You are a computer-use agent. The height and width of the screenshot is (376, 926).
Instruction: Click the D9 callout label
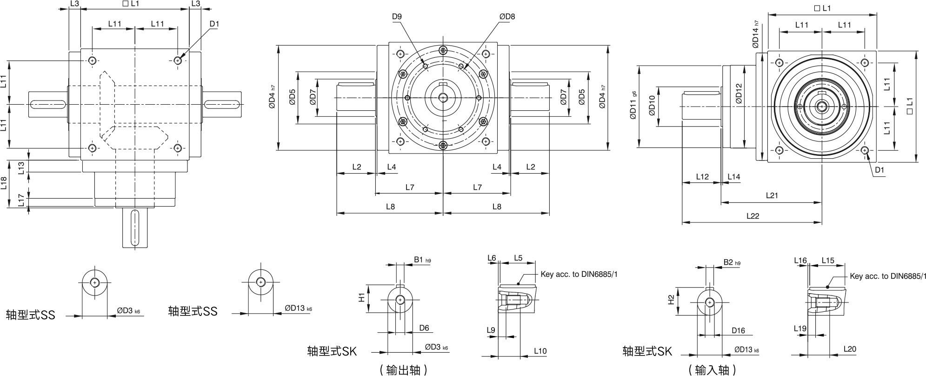pyautogui.click(x=397, y=17)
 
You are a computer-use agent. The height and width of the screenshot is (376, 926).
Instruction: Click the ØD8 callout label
pyautogui.click(x=507, y=17)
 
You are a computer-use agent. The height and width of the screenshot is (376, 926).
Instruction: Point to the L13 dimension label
pyautogui.click(x=21, y=168)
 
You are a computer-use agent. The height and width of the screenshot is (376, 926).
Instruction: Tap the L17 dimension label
pyautogui.click(x=21, y=201)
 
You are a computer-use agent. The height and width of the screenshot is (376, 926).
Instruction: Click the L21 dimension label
pyautogui.click(x=772, y=195)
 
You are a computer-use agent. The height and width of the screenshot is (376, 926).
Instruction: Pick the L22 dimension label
pyautogui.click(x=753, y=216)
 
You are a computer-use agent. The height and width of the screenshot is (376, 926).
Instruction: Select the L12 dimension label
pyautogui.click(x=702, y=177)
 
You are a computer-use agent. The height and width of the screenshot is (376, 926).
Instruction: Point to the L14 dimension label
pyautogui.click(x=734, y=177)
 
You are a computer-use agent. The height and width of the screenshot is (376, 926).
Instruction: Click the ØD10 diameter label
pyautogui.click(x=652, y=105)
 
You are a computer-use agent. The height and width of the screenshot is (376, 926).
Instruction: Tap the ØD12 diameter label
pyautogui.click(x=739, y=93)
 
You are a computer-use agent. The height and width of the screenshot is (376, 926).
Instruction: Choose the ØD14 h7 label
pyautogui.click(x=756, y=34)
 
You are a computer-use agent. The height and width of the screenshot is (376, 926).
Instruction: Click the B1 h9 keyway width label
pyautogui.click(x=422, y=260)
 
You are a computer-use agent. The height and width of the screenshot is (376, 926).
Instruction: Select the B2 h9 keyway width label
pyautogui.click(x=732, y=262)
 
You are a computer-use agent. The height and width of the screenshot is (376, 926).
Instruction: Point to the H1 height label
pyautogui.click(x=361, y=298)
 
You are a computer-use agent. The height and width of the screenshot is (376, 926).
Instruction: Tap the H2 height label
pyautogui.click(x=671, y=300)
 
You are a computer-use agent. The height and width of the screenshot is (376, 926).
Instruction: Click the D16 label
pyautogui.click(x=738, y=330)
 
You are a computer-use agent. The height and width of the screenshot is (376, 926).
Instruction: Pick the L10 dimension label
pyautogui.click(x=540, y=351)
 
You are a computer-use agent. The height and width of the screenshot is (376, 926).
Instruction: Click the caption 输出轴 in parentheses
pyautogui.click(x=403, y=370)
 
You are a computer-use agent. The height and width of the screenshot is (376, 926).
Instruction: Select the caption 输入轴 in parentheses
pyautogui.click(x=712, y=370)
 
